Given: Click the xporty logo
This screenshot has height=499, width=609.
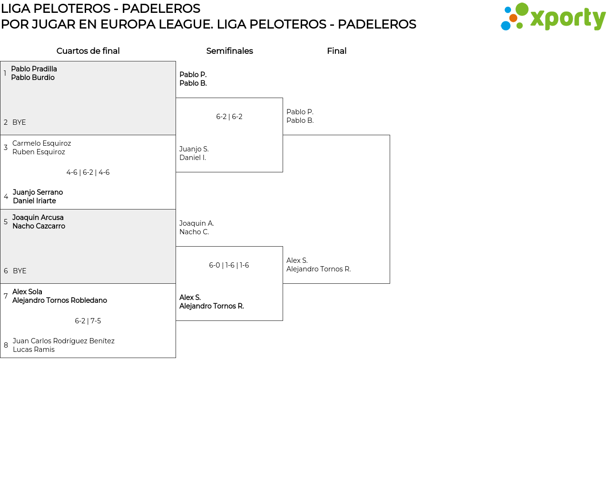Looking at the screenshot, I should click(x=553, y=17).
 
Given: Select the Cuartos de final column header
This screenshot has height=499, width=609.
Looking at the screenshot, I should click(x=88, y=51).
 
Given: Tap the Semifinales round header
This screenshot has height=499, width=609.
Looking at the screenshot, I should click(x=229, y=51).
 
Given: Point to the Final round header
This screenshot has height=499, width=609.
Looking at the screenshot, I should click(x=336, y=51).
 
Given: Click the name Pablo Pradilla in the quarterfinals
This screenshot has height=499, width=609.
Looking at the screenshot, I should click(x=34, y=69).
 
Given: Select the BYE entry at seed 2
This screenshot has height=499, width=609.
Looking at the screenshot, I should click(x=19, y=122).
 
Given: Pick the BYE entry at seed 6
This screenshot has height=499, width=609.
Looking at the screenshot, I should click(x=20, y=271).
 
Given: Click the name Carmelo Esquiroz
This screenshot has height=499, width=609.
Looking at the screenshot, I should click(x=41, y=143).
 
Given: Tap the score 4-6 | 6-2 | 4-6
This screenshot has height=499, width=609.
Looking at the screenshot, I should click(x=88, y=172).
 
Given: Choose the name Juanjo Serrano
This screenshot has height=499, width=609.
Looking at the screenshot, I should click(x=38, y=192).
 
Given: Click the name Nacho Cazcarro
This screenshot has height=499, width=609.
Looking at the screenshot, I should click(x=39, y=226).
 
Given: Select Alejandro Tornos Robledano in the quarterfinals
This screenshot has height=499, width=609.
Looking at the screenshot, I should click(x=59, y=300).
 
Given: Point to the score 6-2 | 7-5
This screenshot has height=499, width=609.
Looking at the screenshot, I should click(x=88, y=321).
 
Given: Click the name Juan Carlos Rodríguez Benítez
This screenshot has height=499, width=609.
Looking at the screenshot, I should click(x=63, y=341).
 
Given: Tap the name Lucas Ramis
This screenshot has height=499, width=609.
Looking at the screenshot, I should click(x=33, y=349).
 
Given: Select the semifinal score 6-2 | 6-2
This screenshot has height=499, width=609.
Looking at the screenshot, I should click(x=229, y=117).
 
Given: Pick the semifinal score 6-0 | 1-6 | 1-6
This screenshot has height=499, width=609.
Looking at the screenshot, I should click(x=229, y=265).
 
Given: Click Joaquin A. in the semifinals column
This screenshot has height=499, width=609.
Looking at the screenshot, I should click(x=196, y=223).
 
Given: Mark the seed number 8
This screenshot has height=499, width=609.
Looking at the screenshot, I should click(x=6, y=345).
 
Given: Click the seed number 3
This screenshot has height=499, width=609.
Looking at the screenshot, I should click(x=6, y=148).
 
